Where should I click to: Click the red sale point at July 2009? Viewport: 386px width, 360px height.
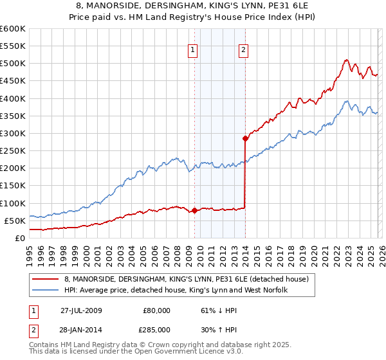[x=194, y=210]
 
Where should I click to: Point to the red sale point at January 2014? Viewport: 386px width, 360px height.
[x=245, y=138]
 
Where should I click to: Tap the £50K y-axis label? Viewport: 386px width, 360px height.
[x=15, y=221]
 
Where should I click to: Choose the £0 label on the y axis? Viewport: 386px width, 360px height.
[x=19, y=238]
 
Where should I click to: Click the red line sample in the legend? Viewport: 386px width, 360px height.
[x=46, y=279]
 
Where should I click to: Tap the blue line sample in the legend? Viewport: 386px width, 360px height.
[x=46, y=290]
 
